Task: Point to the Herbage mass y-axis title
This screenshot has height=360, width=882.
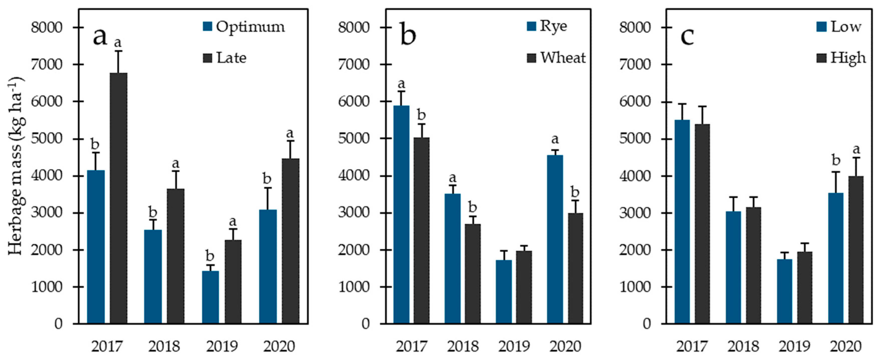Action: pyautogui.click(x=16, y=166)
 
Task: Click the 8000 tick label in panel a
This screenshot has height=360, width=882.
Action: pyautogui.click(x=47, y=27)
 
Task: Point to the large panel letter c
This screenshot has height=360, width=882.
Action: pyautogui.click(x=687, y=36)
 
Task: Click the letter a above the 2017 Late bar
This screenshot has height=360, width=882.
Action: pyautogui.click(x=118, y=43)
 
